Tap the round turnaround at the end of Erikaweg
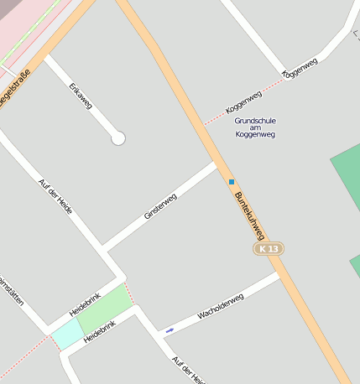coord(118,138)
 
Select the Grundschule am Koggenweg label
coord(255,127)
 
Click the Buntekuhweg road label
coord(249,216)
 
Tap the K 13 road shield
coord(269,249)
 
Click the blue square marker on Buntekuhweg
coord(232,181)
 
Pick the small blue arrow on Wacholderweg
coord(170,330)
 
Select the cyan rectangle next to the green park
coord(67,335)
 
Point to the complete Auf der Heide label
coord(55,195)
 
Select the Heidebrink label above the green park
coord(85,304)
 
